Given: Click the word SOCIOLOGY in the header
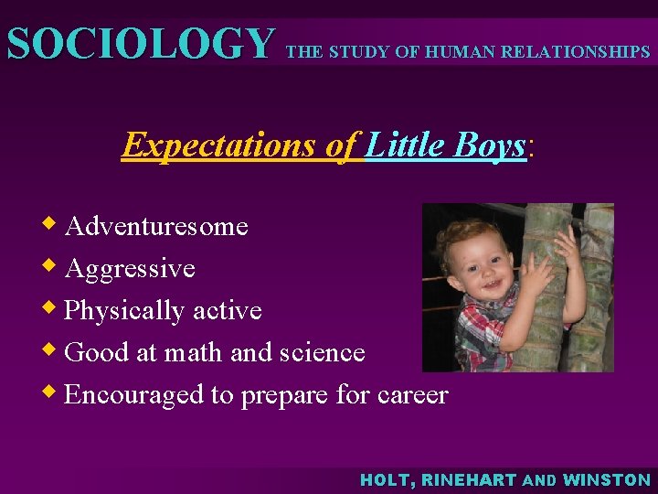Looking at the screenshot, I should (140, 43).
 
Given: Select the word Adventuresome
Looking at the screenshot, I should (156, 226).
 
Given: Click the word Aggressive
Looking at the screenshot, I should (130, 268).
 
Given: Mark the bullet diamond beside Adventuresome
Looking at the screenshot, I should (53, 223).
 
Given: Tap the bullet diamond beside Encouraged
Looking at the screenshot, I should (53, 392).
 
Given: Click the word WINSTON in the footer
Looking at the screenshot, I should (607, 479).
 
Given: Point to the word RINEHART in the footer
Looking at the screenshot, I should (471, 479).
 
